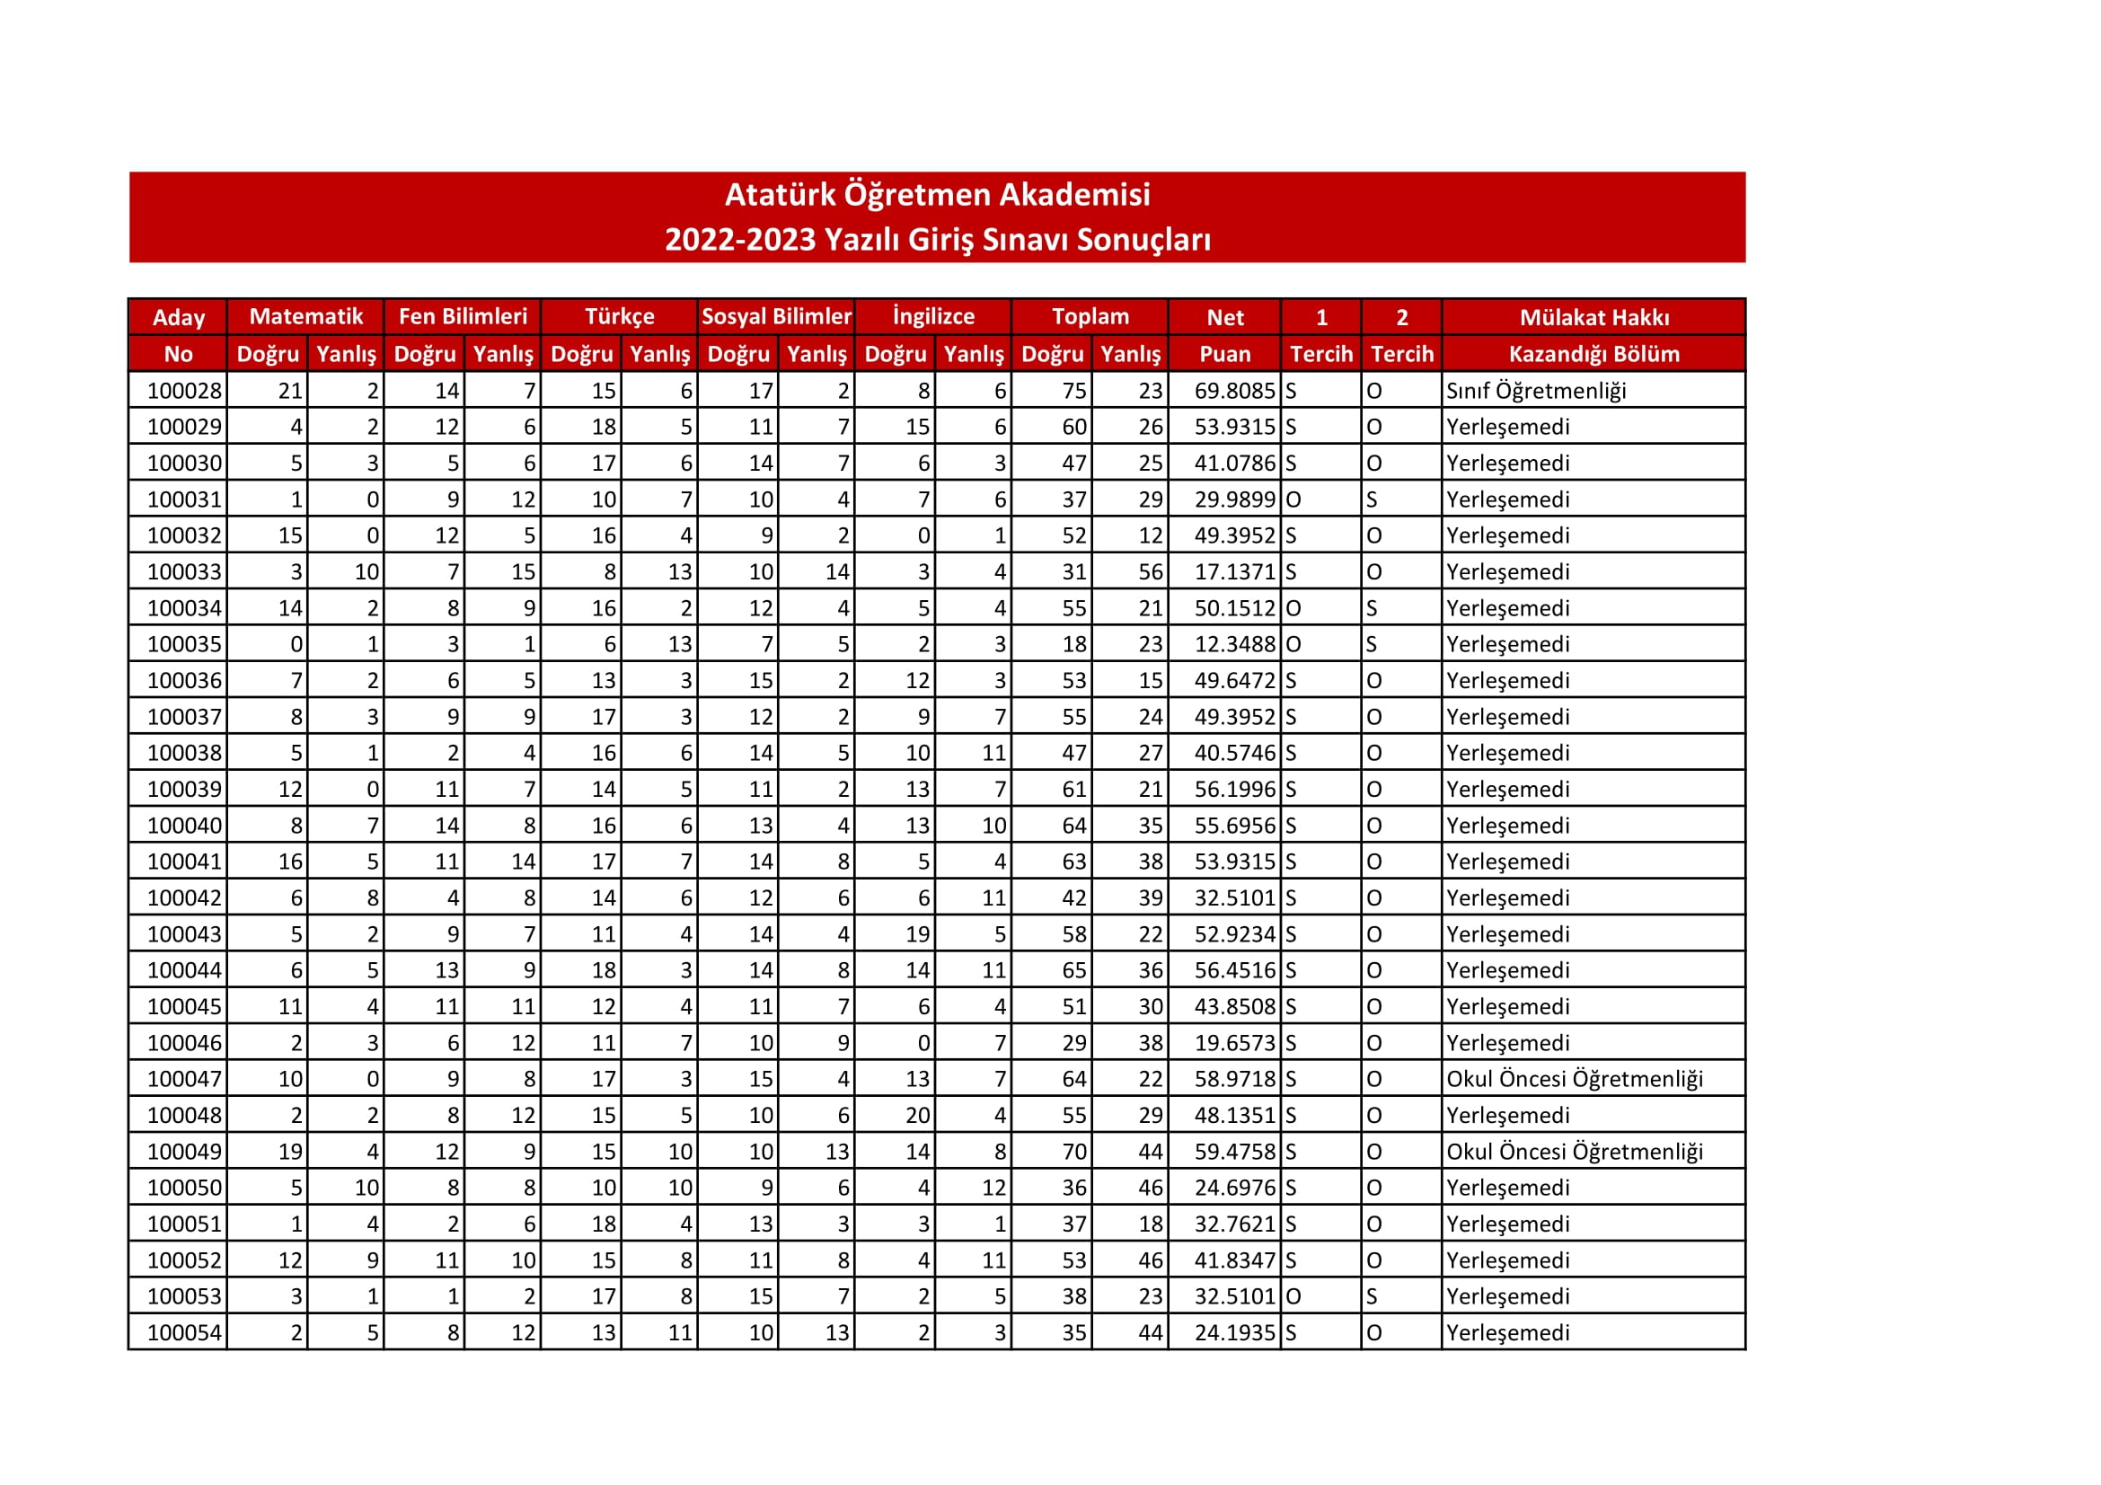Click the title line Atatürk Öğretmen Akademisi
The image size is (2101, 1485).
tap(937, 195)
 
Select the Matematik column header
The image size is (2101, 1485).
tap(305, 316)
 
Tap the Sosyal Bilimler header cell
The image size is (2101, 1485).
tap(776, 316)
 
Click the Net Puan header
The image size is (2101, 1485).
tap(1224, 335)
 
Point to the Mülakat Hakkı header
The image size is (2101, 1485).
tap(1593, 317)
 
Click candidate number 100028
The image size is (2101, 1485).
tap(184, 391)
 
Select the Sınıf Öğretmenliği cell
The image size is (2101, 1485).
tap(1535, 391)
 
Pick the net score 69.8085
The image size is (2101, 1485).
tap(1233, 391)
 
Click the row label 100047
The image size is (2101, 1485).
tap(184, 1079)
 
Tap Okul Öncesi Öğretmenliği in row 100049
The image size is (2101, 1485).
tap(1574, 1151)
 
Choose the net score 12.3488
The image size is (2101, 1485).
tap(1233, 644)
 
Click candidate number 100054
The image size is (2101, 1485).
tap(184, 1332)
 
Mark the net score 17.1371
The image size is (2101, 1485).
tap(1233, 572)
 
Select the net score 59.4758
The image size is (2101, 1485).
tap(1233, 1151)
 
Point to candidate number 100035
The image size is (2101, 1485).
tap(184, 644)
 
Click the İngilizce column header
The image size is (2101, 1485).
tap(933, 316)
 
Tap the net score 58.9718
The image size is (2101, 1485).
tap(1233, 1079)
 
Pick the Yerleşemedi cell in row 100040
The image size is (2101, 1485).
tap(1507, 826)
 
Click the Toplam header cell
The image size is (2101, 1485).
tap(1090, 316)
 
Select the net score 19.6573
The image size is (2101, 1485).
tap(1233, 1042)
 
